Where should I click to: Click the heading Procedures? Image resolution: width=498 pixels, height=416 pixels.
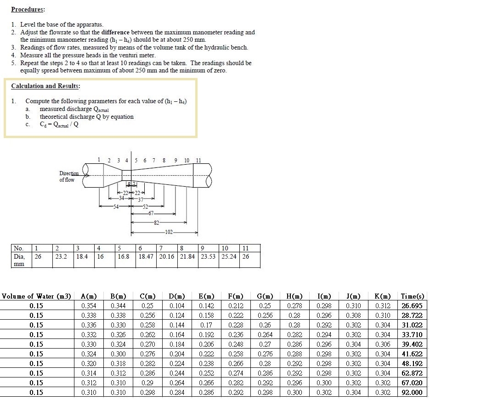[28, 9]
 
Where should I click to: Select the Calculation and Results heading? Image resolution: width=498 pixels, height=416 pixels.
[45, 86]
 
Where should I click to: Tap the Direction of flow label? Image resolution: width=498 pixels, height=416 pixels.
[68, 177]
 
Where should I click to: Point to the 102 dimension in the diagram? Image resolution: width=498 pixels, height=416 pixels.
[169, 233]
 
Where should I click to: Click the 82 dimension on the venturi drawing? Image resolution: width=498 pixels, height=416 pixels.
[157, 223]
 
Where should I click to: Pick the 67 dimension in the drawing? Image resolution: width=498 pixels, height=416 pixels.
[152, 214]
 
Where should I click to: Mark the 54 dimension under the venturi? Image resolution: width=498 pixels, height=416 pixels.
[117, 207]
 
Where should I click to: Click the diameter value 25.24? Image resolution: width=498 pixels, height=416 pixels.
[229, 257]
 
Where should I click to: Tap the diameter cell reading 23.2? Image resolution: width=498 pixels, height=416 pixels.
[61, 257]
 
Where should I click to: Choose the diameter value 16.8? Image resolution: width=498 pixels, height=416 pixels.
[124, 257]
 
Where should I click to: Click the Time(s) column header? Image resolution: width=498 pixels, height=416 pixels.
[412, 296]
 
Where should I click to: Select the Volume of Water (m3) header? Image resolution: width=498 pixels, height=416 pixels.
[36, 296]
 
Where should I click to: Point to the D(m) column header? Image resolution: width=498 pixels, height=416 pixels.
[177, 296]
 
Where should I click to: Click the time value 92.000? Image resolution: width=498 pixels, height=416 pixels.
[412, 393]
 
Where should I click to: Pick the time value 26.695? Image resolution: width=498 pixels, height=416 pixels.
[412, 306]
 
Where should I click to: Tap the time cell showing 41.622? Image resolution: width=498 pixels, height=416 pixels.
[412, 354]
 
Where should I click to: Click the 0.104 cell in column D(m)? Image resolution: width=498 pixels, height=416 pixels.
[177, 306]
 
